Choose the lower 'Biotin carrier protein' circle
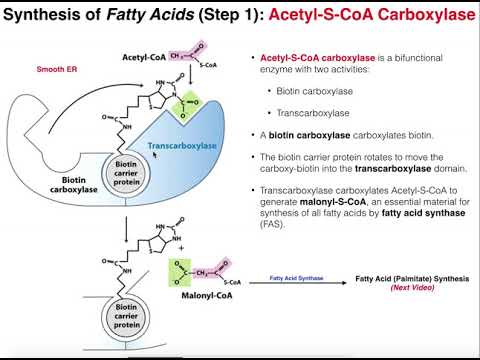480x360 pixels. (131, 323)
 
